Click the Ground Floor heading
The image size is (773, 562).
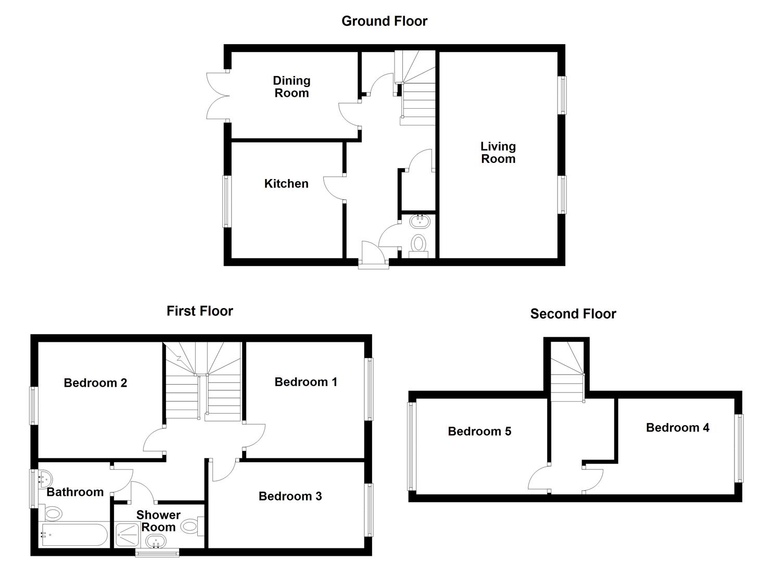[384, 21]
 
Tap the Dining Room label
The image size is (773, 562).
[292, 87]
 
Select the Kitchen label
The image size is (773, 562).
[286, 184]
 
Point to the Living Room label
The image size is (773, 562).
[498, 153]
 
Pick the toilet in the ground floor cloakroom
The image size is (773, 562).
[419, 244]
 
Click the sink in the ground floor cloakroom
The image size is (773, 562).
[420, 221]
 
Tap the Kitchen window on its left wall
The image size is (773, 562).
[226, 201]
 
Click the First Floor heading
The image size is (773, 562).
[199, 311]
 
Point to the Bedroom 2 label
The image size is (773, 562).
[95, 383]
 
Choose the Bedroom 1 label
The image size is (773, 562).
[306, 382]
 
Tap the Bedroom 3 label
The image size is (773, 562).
[290, 496]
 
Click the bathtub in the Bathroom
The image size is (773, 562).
[74, 534]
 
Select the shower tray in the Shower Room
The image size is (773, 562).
[127, 535]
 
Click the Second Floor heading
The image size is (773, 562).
[573, 314]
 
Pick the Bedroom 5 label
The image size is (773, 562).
[479, 431]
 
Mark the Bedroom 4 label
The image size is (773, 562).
[677, 428]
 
